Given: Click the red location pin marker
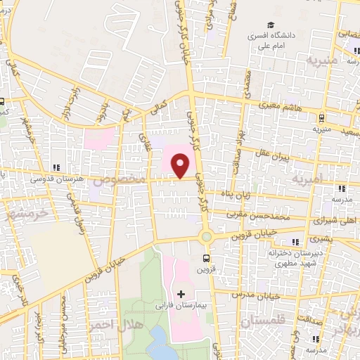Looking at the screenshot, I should tap(181, 166).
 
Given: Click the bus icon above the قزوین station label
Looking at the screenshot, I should tap(206, 257).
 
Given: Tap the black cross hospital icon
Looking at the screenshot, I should tap(181, 293).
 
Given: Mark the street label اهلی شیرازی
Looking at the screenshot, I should tap(335, 219).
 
